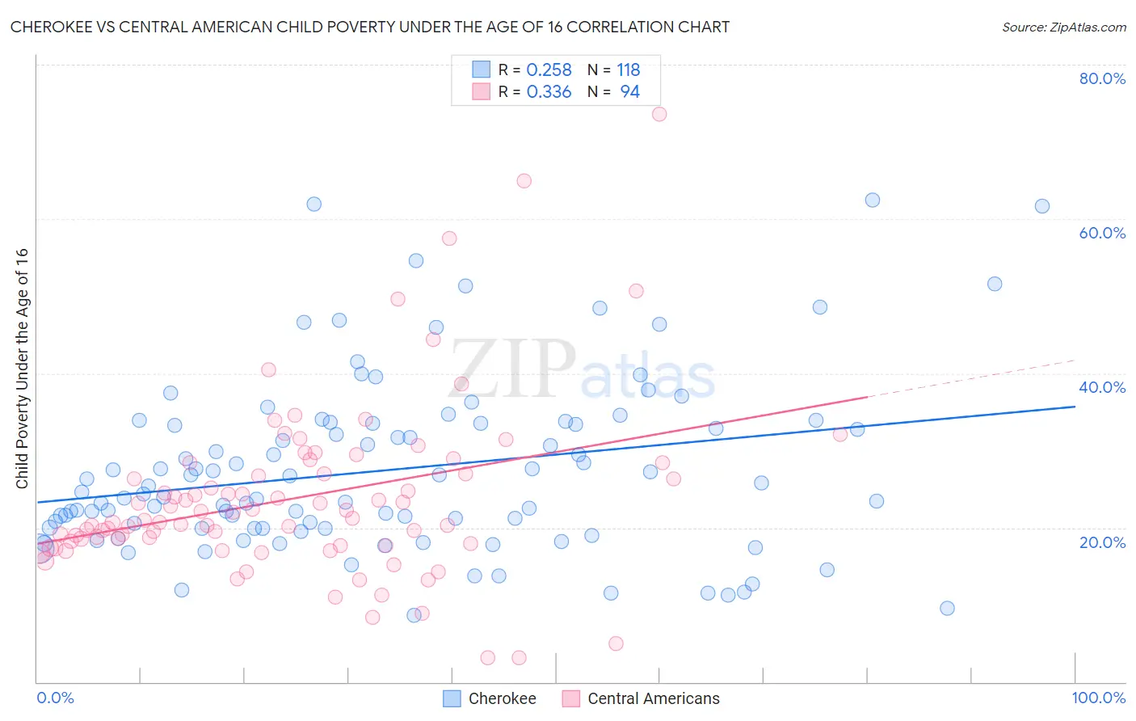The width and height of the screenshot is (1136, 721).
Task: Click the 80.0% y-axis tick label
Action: tap(1102, 78)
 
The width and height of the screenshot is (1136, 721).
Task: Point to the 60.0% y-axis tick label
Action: tap(1102, 233)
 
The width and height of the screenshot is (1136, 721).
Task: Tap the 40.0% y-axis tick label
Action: tap(1102, 387)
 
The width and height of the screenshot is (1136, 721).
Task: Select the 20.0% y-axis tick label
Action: tap(1102, 542)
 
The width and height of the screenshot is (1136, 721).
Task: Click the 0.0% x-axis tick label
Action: tap(55, 698)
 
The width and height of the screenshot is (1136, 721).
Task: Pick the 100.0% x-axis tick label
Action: tap(1099, 698)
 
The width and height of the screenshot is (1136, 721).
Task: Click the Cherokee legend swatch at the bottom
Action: tap(452, 698)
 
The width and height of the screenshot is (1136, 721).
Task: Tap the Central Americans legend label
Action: tap(653, 698)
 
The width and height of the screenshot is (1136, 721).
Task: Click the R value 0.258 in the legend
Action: tap(549, 70)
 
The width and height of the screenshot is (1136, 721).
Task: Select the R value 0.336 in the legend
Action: tap(549, 92)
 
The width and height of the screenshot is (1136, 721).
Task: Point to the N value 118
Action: tap(628, 70)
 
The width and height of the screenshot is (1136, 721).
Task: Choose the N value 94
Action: tap(629, 92)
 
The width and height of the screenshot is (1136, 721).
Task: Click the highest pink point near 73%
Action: tap(659, 114)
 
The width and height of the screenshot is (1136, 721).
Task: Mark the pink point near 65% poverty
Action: tap(524, 181)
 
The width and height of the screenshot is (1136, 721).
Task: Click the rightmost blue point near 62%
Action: tap(1042, 206)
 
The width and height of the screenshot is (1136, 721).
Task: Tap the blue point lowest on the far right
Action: tap(948, 608)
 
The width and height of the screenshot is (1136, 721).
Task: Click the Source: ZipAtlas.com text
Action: tap(1063, 27)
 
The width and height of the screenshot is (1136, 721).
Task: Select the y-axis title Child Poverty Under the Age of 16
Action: tap(22, 368)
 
